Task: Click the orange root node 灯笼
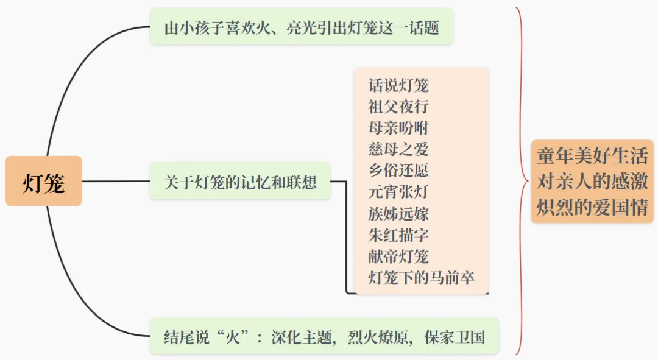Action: point(44,182)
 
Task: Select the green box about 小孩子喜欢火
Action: point(302,27)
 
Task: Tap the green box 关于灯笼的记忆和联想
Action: point(240,182)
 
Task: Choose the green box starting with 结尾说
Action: point(324,336)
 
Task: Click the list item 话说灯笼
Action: point(398,85)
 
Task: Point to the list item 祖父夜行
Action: point(398,106)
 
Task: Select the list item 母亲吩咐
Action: point(398,127)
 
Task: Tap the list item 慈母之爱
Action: point(398,149)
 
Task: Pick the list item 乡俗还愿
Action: point(398,170)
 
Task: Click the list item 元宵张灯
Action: point(398,191)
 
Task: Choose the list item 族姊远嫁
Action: point(398,213)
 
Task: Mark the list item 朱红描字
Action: point(398,235)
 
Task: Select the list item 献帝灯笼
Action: point(398,256)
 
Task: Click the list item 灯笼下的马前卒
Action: point(421,278)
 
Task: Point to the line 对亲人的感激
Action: point(592,182)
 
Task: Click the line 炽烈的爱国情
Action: point(592,207)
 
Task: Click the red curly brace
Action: point(521,181)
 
